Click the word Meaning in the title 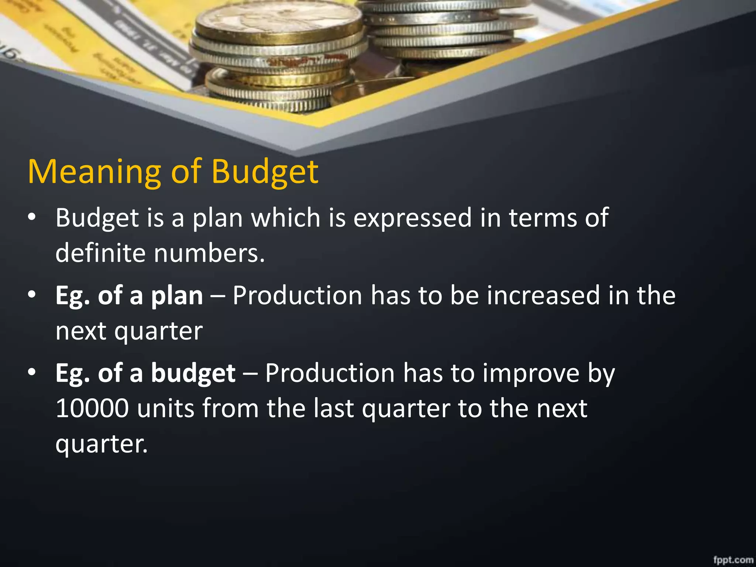tap(94, 172)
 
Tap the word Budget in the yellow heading tap(265, 172)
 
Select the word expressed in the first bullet tap(412, 218)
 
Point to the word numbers tap(209, 253)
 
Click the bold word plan tap(177, 296)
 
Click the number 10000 tap(92, 409)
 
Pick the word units tap(165, 409)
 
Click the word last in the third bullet tap(334, 409)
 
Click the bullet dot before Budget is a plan tap(32, 217)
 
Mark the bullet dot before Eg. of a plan tap(32, 295)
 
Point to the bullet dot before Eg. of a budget tap(32, 372)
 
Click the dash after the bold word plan tap(218, 296)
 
